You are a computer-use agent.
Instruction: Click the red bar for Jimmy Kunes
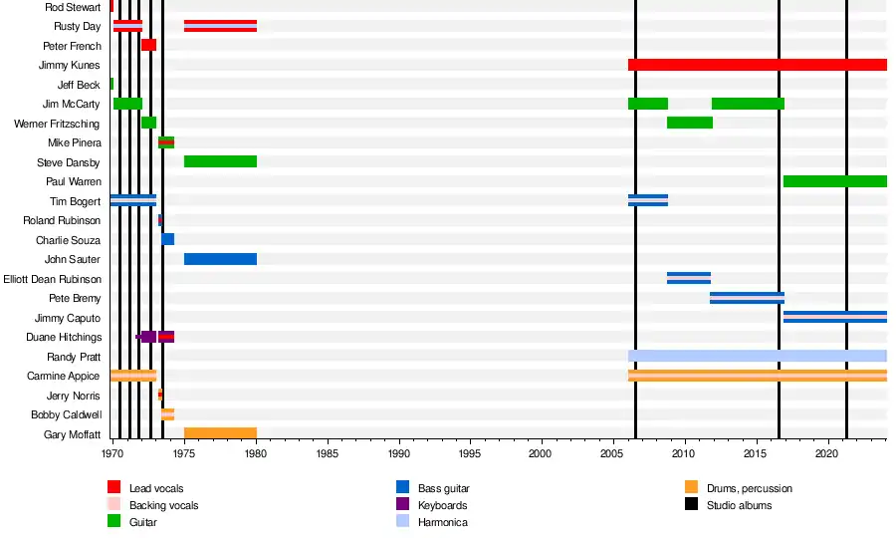point(757,65)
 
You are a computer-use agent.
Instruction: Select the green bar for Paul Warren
point(834,181)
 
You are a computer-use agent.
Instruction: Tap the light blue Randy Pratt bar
point(757,356)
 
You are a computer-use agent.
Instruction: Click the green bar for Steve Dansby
point(220,161)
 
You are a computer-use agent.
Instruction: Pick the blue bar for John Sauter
point(220,259)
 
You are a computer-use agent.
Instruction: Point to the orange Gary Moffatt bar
point(220,433)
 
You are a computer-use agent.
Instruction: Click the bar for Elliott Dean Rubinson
point(688,278)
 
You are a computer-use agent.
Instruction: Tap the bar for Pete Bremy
point(747,297)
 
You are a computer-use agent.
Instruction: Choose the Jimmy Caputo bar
point(834,317)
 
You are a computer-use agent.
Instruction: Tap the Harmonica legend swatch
point(402,522)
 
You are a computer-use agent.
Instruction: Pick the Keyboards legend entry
point(442,505)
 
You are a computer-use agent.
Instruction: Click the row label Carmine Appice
point(64,376)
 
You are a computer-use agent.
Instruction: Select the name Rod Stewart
point(73,7)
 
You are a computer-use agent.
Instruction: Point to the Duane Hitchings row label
point(63,337)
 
